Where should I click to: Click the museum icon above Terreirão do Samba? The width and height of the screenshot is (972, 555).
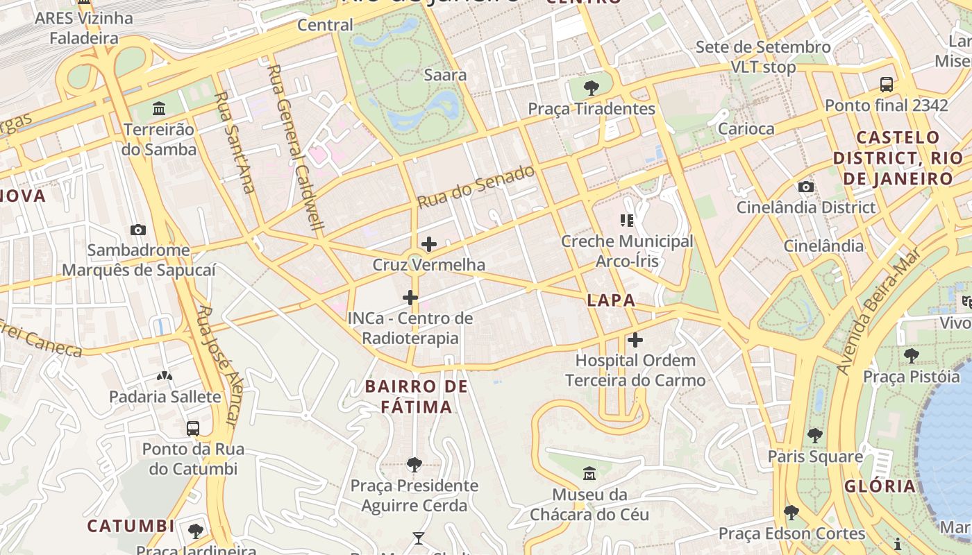tap(159, 109)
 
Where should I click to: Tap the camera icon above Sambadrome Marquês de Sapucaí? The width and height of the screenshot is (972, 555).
tap(138, 230)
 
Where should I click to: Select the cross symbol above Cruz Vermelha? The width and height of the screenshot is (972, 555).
tap(429, 244)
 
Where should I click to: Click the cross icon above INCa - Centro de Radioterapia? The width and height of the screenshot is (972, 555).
tap(410, 298)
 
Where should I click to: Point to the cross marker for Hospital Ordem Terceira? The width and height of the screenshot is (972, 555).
tap(635, 340)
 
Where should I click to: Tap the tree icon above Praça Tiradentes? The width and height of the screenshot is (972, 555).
tap(592, 88)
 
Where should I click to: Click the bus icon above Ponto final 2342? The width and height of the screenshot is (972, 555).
tap(887, 85)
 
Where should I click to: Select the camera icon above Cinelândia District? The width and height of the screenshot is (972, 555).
tap(806, 187)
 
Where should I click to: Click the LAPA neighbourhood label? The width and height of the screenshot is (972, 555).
tap(611, 300)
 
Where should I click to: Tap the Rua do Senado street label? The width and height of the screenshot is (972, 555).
tap(476, 187)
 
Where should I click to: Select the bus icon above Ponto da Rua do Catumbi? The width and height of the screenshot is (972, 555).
tap(193, 428)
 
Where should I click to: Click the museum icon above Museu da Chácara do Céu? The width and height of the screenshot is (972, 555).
tap(589, 475)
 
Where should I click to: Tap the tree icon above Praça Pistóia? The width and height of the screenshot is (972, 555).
tap(911, 356)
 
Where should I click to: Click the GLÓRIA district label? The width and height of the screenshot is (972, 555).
tap(880, 486)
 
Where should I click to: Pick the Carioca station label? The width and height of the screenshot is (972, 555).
tap(746, 128)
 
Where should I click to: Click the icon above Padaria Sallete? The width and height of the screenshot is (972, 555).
tap(165, 377)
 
